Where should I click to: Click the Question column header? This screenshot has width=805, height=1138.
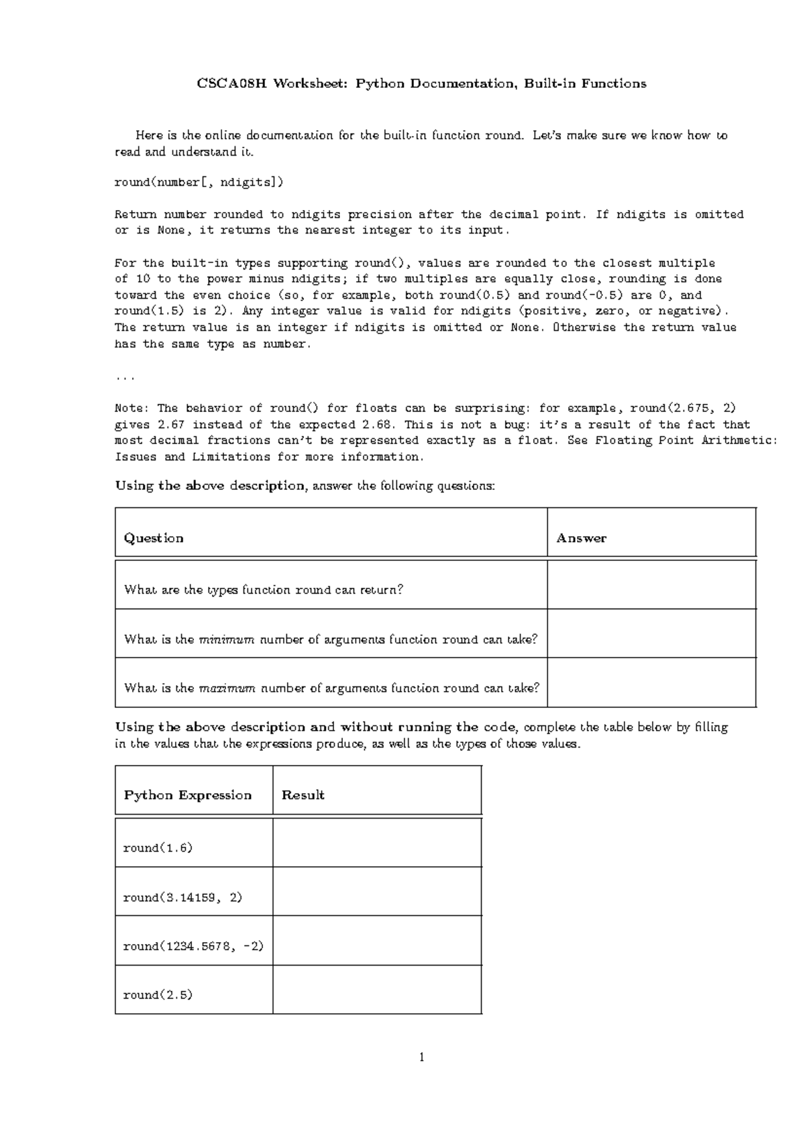pyautogui.click(x=154, y=538)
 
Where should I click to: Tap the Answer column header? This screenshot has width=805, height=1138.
pyautogui.click(x=581, y=538)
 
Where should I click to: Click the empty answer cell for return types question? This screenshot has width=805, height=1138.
pyautogui.click(x=651, y=584)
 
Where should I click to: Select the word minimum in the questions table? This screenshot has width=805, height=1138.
pyautogui.click(x=226, y=639)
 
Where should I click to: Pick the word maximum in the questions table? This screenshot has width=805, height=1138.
pyautogui.click(x=227, y=688)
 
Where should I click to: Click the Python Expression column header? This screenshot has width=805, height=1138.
pyautogui.click(x=188, y=795)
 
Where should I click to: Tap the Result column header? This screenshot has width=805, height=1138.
pyautogui.click(x=303, y=795)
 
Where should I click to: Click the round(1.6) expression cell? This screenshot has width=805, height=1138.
pyautogui.click(x=158, y=848)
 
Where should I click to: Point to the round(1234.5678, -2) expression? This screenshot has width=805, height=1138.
pyautogui.click(x=193, y=946)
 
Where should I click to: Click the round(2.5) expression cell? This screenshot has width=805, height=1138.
pyautogui.click(x=158, y=995)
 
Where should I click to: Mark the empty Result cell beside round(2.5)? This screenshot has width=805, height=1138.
pyautogui.click(x=377, y=990)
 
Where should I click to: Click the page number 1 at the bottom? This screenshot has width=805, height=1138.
pyautogui.click(x=421, y=1058)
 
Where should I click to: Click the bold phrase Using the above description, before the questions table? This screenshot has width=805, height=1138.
pyautogui.click(x=210, y=486)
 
